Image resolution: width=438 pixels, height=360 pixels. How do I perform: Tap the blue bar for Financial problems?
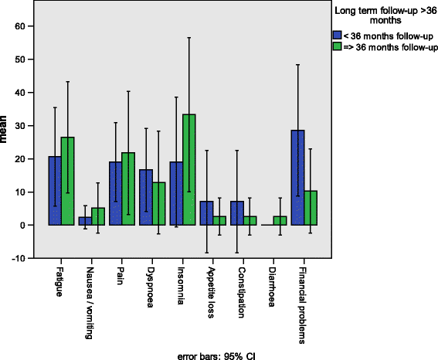click(x=297, y=178)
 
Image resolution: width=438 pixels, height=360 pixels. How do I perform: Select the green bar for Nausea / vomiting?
click(x=97, y=216)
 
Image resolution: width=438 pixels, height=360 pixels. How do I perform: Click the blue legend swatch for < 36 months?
click(x=336, y=36)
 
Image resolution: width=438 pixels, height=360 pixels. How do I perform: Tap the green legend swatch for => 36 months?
click(x=336, y=47)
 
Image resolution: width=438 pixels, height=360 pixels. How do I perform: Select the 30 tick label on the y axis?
click(x=20, y=126)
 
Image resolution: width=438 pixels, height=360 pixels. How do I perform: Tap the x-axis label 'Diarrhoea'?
click(x=277, y=286)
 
